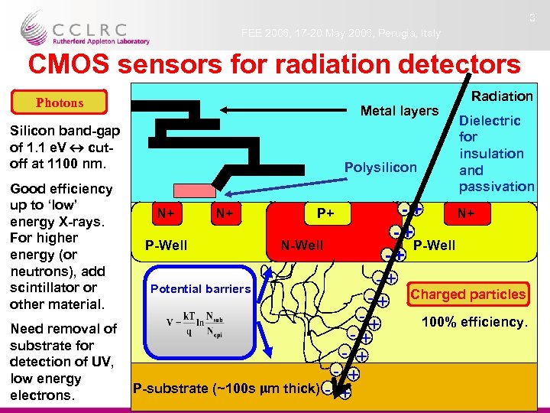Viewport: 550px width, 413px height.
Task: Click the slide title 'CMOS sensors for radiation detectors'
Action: [x=273, y=63]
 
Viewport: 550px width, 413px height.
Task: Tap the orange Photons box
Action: [x=60, y=102]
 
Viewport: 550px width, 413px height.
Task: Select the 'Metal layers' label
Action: [x=399, y=112]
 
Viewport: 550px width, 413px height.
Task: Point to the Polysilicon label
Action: [x=380, y=167]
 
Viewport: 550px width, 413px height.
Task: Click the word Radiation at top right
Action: [x=502, y=96]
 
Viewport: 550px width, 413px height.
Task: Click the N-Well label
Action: [x=302, y=246]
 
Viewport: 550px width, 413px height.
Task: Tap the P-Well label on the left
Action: [x=167, y=246]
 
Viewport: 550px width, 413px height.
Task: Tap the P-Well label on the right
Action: [x=434, y=246]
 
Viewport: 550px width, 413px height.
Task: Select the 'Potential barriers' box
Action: [x=200, y=288]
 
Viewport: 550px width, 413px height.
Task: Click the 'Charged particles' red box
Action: [x=468, y=294]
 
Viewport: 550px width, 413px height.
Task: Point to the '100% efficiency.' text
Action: [x=474, y=322]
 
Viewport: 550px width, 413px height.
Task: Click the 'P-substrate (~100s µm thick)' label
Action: [x=226, y=389]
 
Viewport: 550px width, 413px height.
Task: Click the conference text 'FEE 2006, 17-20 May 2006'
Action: [x=341, y=34]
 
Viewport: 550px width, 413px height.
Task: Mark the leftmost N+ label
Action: [x=165, y=213]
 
